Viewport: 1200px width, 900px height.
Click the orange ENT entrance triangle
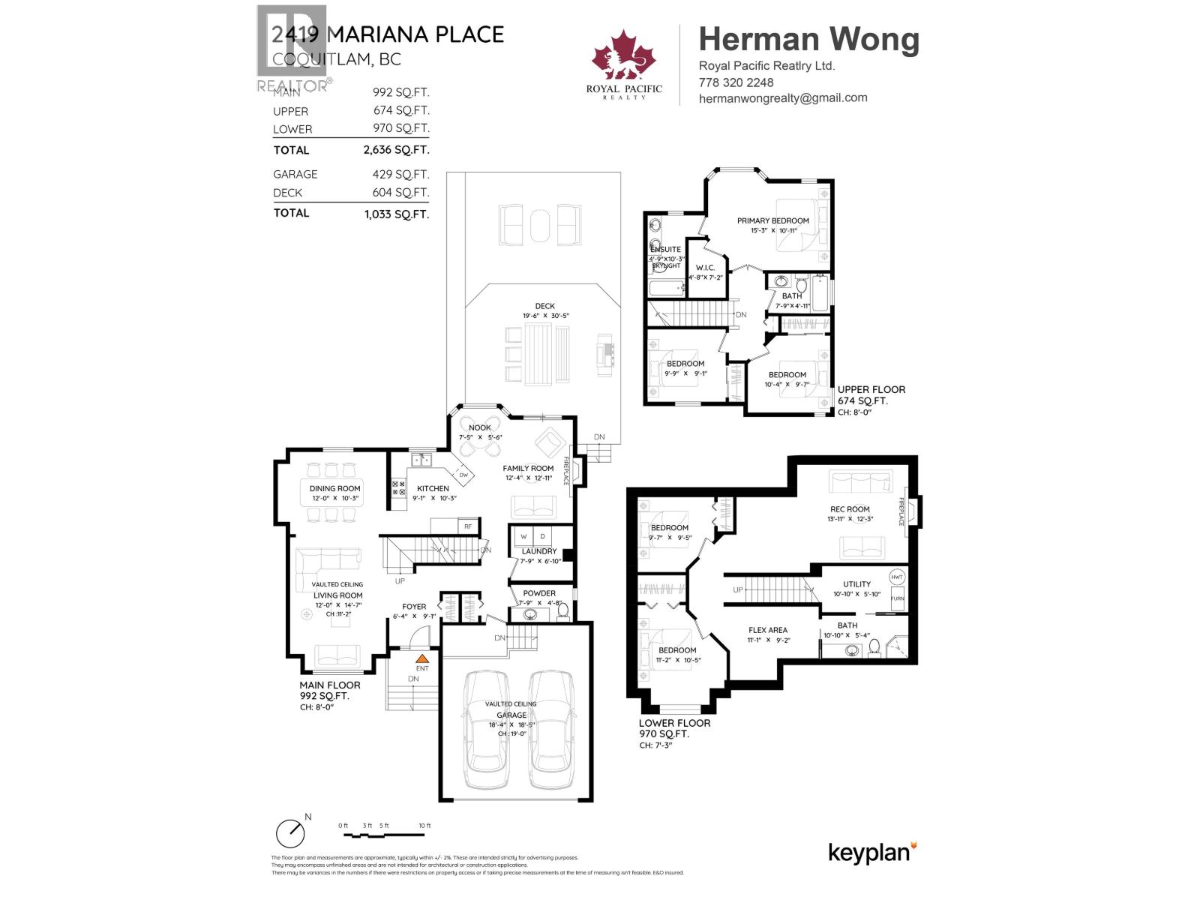pyautogui.click(x=422, y=658)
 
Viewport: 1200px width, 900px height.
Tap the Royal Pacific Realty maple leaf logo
pyautogui.click(x=624, y=56)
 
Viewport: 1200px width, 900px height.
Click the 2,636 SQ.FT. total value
pyautogui.click(x=396, y=150)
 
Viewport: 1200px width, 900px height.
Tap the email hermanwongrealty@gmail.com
pyautogui.click(x=782, y=98)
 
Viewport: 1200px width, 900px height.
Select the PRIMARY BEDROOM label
pyautogui.click(x=772, y=220)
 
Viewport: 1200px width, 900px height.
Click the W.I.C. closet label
pyautogui.click(x=705, y=268)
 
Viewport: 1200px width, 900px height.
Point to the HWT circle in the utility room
pyautogui.click(x=897, y=577)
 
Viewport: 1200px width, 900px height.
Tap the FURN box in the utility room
pyautogui.click(x=897, y=599)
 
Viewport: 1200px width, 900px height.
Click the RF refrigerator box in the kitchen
pyautogui.click(x=468, y=526)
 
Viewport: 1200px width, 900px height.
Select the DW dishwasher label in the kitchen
pyautogui.click(x=463, y=475)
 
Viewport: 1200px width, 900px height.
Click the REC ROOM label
pyautogui.click(x=850, y=509)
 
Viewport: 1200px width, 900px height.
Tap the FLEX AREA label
pyautogui.click(x=767, y=630)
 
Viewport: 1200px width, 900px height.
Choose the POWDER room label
pyautogui.click(x=539, y=593)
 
